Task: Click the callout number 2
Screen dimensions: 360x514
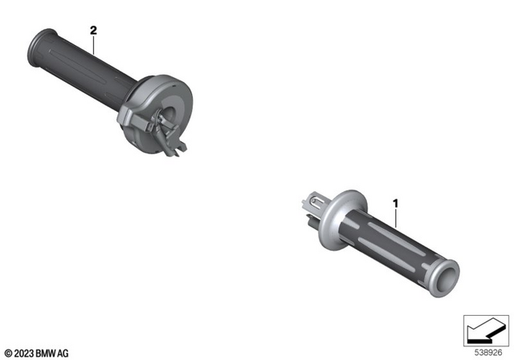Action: pos(93,31)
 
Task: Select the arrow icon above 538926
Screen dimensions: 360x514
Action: pos(483,330)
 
